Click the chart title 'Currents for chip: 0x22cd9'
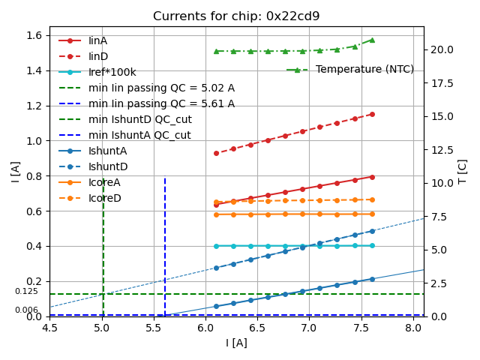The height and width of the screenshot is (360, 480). coord(236,16)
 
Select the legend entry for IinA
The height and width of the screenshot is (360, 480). coord(97,40)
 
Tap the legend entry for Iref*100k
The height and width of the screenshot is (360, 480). coord(112,72)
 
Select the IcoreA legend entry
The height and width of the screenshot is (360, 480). coord(104,182)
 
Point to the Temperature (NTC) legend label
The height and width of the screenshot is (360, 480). coord(364,70)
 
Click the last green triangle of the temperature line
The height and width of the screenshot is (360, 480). coord(372,40)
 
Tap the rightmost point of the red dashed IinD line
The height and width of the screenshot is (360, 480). coord(372,114)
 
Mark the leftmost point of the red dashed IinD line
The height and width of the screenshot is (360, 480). coord(216,153)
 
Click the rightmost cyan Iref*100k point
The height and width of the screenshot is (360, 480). coord(372,245)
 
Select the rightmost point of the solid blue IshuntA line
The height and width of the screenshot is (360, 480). coord(372,279)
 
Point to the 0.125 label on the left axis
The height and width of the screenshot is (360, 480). coord(26,292)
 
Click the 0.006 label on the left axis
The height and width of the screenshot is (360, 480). coord(26,310)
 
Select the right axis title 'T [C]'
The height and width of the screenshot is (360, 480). coord(463,172)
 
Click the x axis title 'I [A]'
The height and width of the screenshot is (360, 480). coord(236,343)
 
